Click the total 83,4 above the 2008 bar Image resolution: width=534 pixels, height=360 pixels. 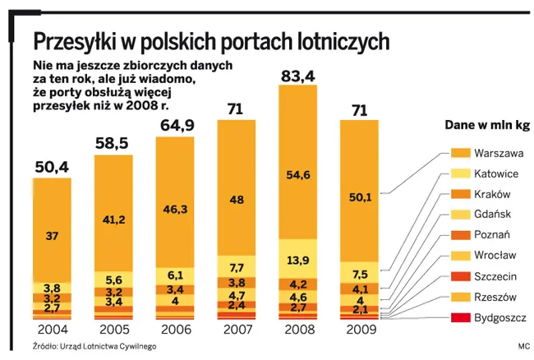[297, 76]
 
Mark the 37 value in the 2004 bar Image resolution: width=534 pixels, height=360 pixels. [52, 236]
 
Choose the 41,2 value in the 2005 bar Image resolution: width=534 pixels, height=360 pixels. [113, 220]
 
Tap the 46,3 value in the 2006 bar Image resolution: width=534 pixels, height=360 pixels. [175, 210]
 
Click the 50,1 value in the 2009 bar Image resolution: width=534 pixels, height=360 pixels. [360, 196]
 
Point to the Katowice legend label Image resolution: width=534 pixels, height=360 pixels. [497, 173]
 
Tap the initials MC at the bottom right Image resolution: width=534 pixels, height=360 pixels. [524, 346]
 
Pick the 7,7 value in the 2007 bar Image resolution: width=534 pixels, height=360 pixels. [237, 267]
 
